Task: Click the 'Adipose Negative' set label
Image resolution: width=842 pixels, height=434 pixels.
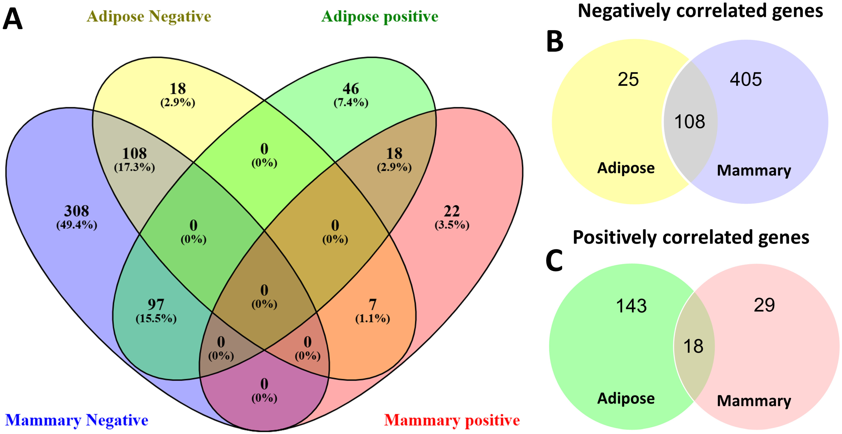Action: tap(149, 16)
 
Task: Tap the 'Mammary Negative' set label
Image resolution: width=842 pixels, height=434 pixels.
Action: tap(77, 420)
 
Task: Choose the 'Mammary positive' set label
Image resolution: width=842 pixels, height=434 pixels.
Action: tap(452, 420)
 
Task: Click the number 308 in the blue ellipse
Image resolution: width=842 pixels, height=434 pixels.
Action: tap(77, 211)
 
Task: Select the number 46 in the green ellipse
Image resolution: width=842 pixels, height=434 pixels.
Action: tap(351, 89)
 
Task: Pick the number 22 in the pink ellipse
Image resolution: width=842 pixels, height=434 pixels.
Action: tap(452, 211)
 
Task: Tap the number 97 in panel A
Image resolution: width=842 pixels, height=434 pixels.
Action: tap(156, 304)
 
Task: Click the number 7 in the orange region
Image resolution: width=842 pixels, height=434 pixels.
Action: tap(373, 304)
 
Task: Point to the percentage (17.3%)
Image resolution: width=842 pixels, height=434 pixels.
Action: tap(134, 167)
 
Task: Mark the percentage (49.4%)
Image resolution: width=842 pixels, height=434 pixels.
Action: tap(77, 225)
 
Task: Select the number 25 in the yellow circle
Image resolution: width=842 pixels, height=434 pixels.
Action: tap(628, 79)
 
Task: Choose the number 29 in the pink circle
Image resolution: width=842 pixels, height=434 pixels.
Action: tap(764, 305)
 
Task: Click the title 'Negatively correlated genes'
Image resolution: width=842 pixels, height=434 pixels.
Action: tap(700, 11)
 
